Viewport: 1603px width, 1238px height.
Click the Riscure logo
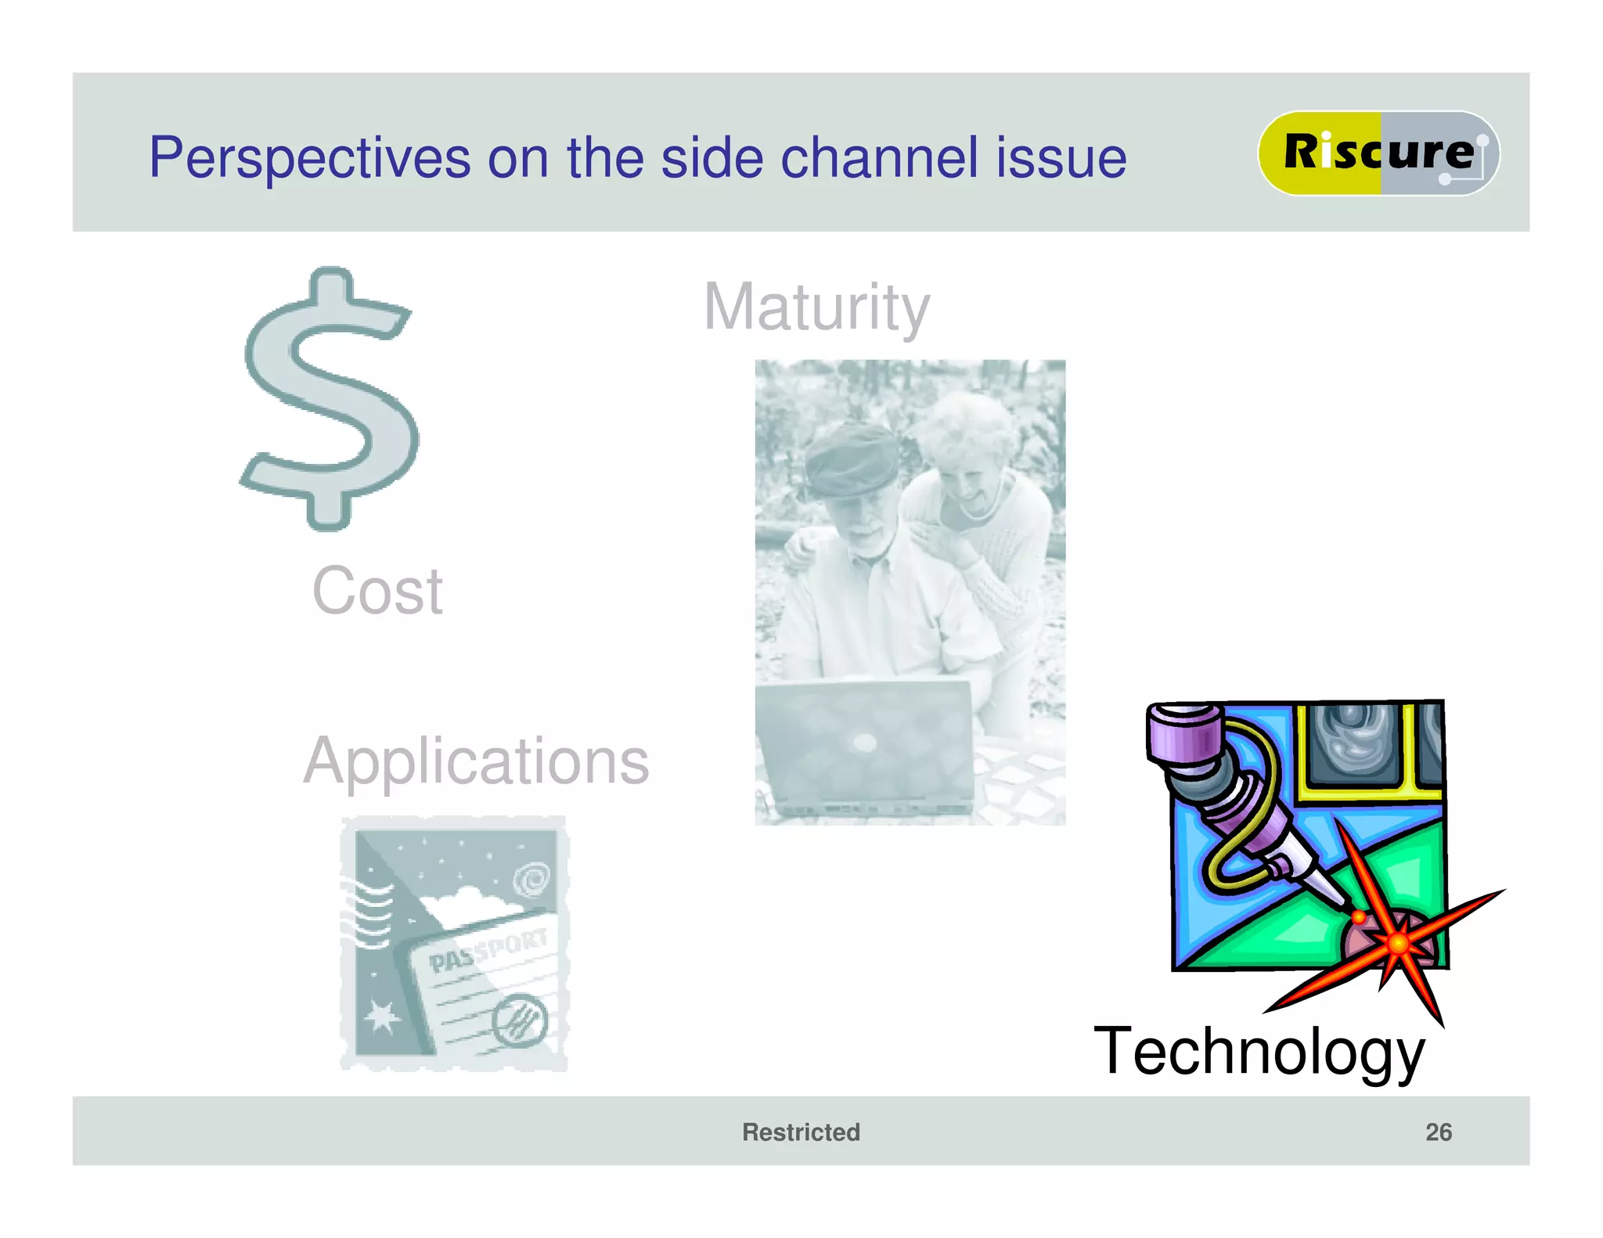coord(1378,153)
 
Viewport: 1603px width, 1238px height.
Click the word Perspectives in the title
coord(309,159)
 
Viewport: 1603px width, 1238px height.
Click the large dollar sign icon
coord(330,399)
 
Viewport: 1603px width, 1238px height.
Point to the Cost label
coord(377,591)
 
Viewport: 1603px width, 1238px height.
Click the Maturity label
coord(816,308)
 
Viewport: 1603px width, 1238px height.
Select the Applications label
coord(476,761)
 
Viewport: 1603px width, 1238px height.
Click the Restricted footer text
coord(801,1132)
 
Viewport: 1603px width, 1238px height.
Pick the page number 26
coord(1438,1132)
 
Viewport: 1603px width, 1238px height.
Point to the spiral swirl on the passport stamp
coord(532,880)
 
